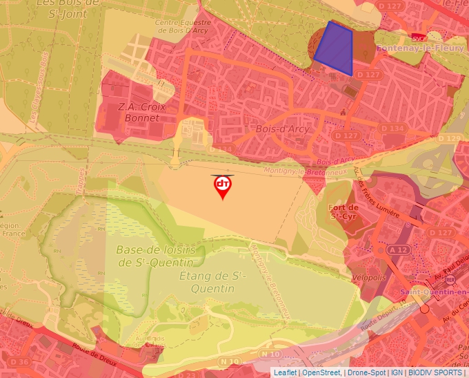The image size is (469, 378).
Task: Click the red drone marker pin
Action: tap(222, 187)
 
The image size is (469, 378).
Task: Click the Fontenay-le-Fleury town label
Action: tap(420, 48)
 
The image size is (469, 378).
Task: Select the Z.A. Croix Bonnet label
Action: tap(139, 112)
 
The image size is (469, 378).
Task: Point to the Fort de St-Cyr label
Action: tap(343, 211)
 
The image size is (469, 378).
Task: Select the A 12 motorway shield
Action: tap(397, 249)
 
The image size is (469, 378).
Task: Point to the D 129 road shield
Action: tap(449, 138)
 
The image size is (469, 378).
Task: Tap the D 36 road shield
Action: tap(20, 361)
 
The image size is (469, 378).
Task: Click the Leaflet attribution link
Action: tap(285, 372)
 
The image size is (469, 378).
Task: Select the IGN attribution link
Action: tap(397, 372)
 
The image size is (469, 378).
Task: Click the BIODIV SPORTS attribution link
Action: tap(435, 372)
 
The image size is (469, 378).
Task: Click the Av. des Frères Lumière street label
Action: tap(377, 201)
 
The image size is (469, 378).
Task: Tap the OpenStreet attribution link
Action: tap(321, 372)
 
